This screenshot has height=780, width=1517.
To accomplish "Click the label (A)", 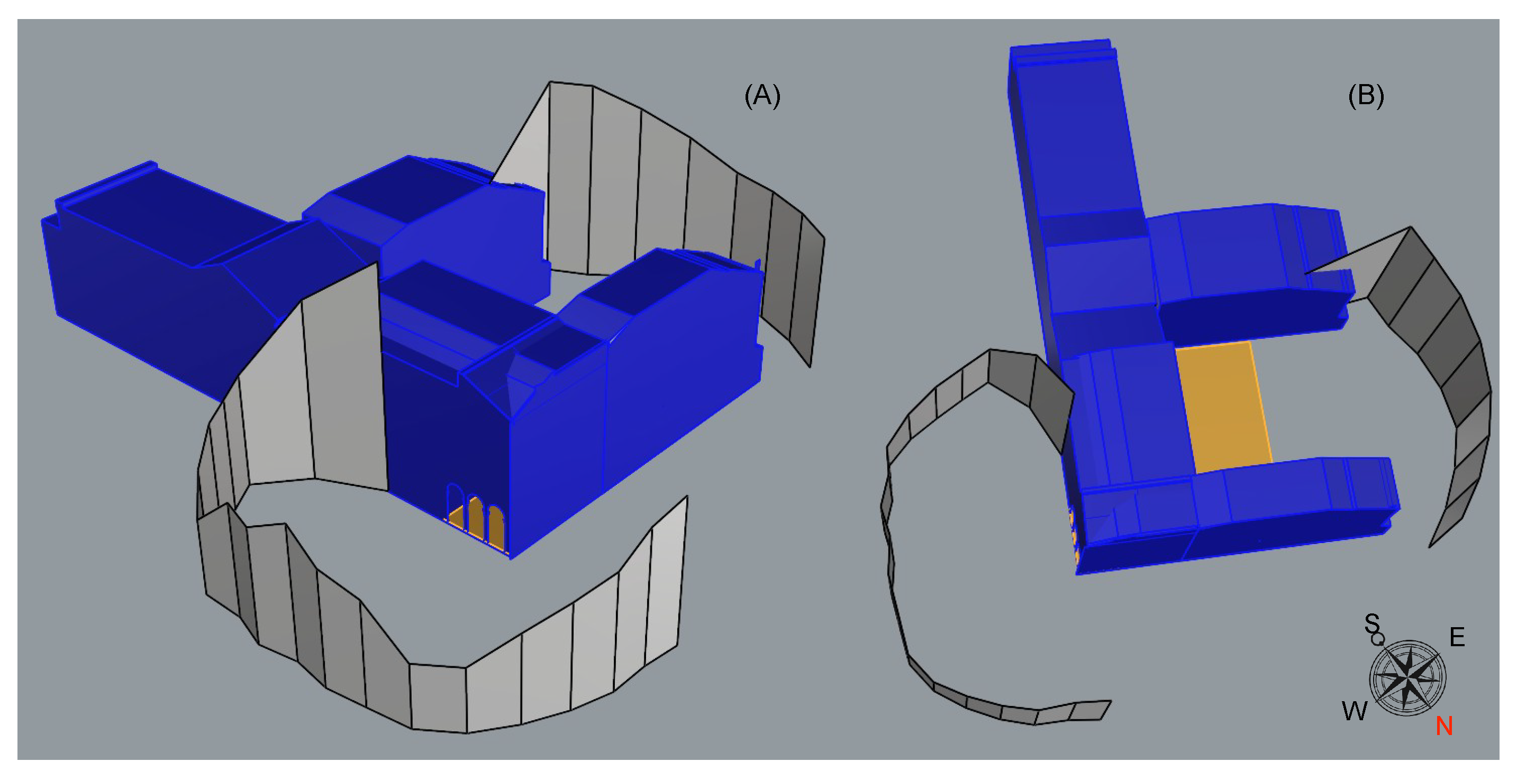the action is pos(762,96).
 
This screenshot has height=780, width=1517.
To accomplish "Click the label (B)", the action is pos(1366,96).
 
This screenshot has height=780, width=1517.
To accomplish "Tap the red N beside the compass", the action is pos(1444,726).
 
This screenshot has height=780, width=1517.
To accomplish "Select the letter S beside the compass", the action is pos(1371,622).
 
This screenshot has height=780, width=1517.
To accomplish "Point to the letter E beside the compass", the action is pos(1457,637).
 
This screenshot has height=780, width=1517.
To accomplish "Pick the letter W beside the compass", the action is pos(1355,711).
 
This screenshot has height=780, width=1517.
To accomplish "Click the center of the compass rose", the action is pos(1407,677).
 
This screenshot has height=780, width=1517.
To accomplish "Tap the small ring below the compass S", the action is pos(1377,640).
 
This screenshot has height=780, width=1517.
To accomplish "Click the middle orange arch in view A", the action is pos(475,518).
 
